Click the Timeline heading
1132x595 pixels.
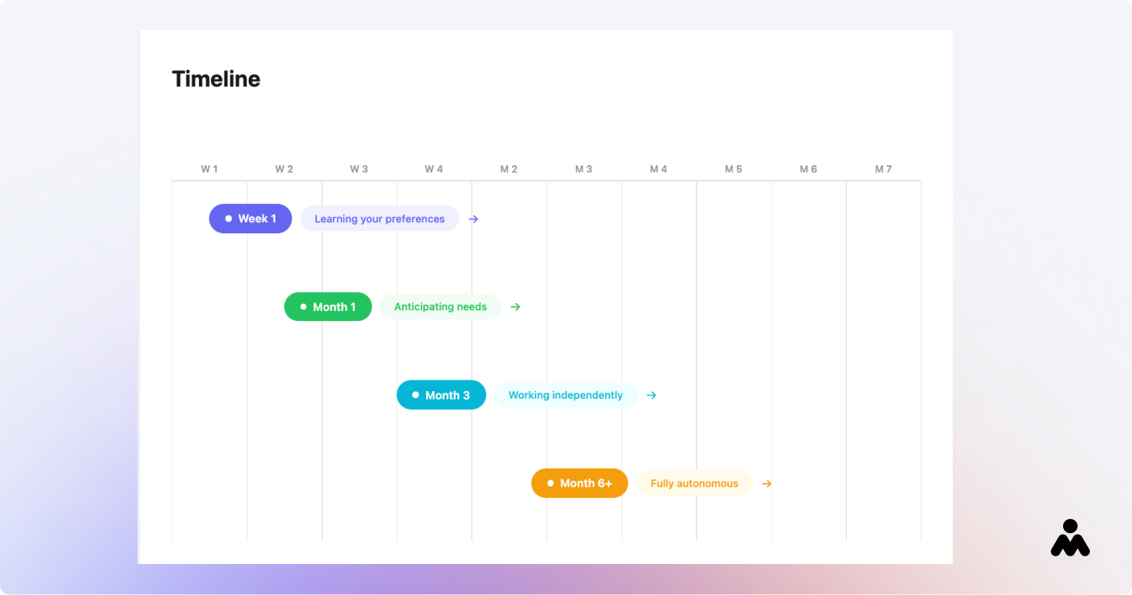216,79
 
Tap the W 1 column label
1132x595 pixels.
209,169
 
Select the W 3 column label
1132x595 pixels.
359,169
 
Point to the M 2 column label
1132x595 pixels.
509,169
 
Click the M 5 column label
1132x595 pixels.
733,169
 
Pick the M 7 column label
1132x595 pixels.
883,169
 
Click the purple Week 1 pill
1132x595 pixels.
251,219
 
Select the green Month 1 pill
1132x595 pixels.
327,307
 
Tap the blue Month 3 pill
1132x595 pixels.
441,395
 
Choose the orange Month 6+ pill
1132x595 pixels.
579,483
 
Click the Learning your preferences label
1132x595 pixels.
380,219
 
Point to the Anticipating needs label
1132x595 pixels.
440,307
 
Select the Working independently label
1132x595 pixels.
566,395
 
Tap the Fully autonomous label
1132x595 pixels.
695,483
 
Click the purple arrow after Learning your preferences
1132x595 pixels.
473,219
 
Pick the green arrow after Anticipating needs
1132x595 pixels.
515,307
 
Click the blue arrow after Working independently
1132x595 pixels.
652,395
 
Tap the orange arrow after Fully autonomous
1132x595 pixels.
767,484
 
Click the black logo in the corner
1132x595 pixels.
1070,538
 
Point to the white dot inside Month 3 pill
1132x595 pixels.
416,395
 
